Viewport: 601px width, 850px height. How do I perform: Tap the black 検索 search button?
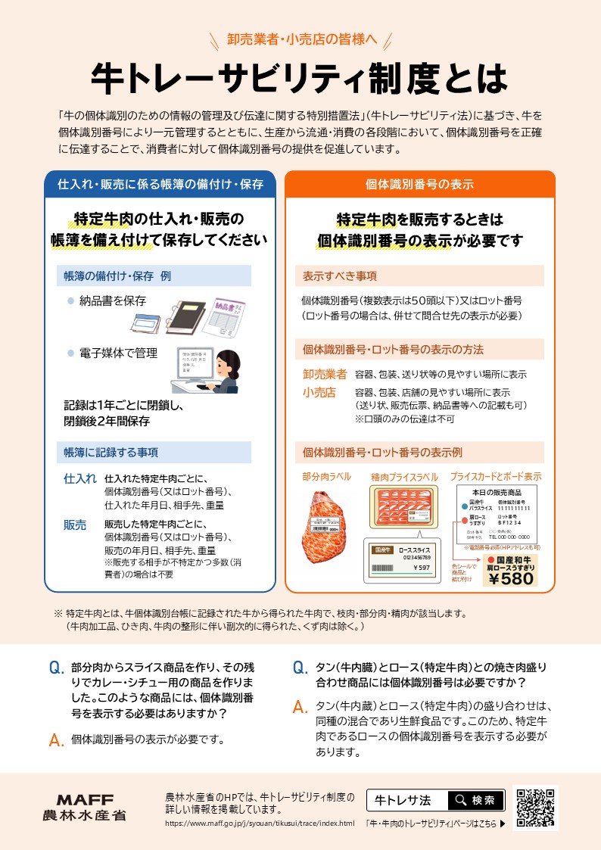tap(475, 800)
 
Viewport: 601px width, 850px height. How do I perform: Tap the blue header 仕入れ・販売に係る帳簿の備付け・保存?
tap(160, 185)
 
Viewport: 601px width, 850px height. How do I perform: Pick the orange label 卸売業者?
tap(325, 374)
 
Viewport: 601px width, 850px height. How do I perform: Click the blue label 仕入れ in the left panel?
tap(80, 478)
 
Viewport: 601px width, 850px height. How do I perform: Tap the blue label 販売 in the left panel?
tap(75, 525)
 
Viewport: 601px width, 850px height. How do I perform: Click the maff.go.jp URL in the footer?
tap(260, 823)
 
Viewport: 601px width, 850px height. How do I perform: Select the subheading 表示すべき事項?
tap(340, 276)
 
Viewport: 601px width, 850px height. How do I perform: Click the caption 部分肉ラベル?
tap(326, 477)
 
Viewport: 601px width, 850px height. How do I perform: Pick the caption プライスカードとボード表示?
tap(496, 477)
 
